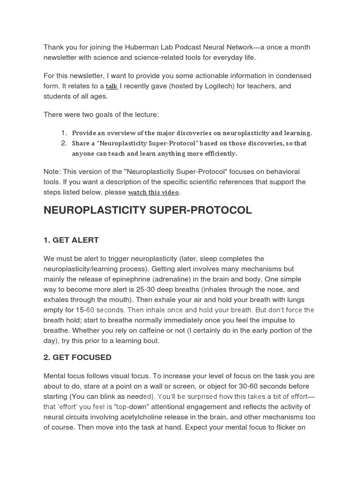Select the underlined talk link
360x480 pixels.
click(112, 86)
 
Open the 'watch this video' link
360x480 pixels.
click(153, 192)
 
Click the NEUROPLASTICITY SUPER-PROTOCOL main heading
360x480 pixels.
click(148, 210)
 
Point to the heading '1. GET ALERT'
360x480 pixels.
click(71, 240)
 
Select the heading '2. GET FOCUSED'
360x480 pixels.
click(77, 357)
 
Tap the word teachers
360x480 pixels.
click(265, 86)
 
